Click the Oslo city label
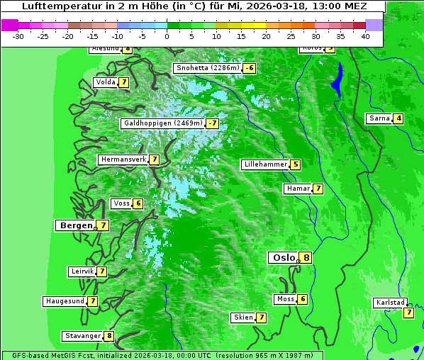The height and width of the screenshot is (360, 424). tap(282, 258)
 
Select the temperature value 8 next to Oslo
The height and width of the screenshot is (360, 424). tap(306, 258)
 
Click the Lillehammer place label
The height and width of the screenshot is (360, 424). tap(265, 164)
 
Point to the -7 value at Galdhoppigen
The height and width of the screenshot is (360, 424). tap(212, 123)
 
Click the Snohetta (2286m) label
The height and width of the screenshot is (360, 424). tap(207, 68)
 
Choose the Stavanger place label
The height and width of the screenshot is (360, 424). tap(82, 336)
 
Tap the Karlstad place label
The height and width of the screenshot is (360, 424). tap(390, 303)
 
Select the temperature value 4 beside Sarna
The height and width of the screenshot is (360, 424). tap(398, 118)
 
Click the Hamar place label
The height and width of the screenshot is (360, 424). tap(297, 189)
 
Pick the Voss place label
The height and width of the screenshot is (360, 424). tap(121, 203)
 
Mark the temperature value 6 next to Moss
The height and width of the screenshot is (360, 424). tap(303, 299)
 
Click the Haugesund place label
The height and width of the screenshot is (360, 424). tap(65, 301)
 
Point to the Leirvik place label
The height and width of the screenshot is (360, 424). tap(82, 271)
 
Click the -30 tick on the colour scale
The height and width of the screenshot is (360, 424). tap(18, 35)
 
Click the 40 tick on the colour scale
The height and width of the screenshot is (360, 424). tap(365, 35)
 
